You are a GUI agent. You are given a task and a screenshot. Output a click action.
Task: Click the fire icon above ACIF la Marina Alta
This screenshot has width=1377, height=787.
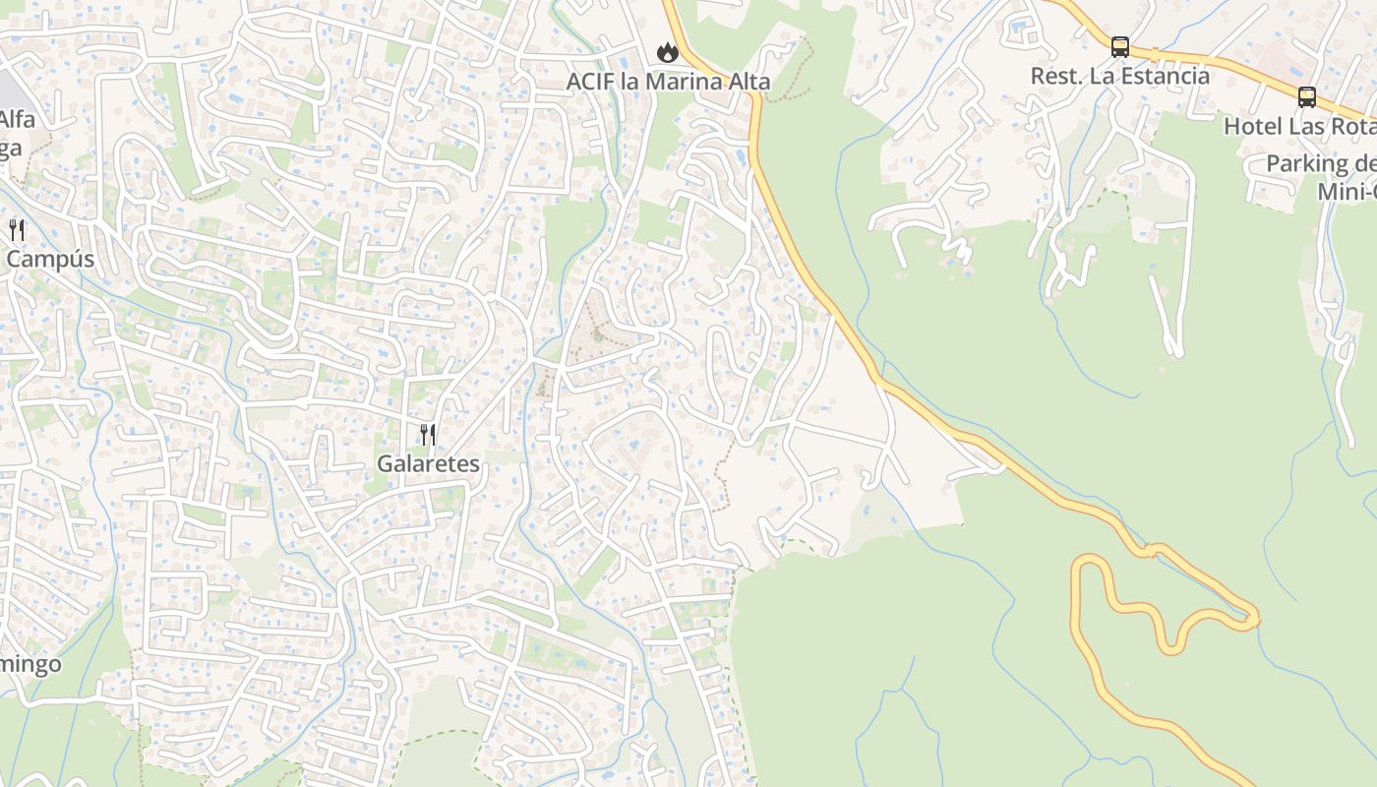(668, 52)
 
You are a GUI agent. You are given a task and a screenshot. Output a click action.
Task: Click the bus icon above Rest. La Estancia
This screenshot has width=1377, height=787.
(1119, 46)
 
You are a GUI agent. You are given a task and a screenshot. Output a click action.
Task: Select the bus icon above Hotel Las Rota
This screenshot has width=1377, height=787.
(1306, 97)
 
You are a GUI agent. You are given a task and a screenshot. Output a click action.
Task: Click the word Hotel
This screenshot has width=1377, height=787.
(1252, 127)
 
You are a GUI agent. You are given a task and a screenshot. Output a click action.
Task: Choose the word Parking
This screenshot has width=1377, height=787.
(1307, 163)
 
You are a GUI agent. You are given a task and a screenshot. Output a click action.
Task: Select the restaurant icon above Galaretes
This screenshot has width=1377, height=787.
(428, 434)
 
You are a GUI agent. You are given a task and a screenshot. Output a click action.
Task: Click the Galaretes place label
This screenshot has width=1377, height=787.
(429, 463)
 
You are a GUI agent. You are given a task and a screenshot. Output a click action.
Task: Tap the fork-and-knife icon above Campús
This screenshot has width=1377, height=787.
(17, 230)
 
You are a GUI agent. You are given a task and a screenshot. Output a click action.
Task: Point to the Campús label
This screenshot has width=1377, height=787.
(50, 259)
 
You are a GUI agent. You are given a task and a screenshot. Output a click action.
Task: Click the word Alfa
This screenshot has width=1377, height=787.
(17, 120)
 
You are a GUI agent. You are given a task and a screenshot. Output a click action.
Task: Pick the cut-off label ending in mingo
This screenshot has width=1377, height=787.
(30, 664)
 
